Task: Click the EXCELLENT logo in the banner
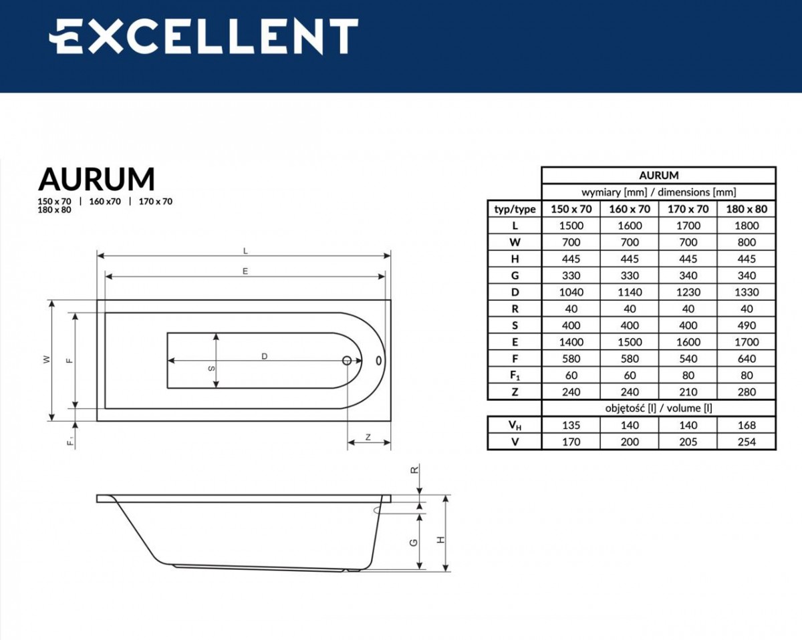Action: (x=203, y=37)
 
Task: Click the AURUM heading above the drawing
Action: (x=96, y=179)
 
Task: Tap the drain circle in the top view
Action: (x=347, y=361)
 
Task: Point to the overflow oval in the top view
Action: (x=380, y=361)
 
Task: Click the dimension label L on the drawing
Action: (x=245, y=251)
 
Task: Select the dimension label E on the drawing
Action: (x=245, y=271)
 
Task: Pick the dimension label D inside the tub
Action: (x=265, y=356)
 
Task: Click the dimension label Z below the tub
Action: (x=368, y=438)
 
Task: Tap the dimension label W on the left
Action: (x=45, y=359)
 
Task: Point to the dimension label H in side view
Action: (x=440, y=539)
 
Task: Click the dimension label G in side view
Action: (x=414, y=542)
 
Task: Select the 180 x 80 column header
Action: (x=747, y=209)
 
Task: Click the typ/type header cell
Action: (x=515, y=209)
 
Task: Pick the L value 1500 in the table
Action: (x=571, y=226)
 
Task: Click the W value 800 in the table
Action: (x=747, y=243)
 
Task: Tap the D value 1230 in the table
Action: (x=688, y=292)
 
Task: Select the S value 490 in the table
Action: (x=747, y=325)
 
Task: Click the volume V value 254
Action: (x=747, y=442)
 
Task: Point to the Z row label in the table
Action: (x=515, y=392)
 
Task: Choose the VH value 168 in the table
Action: (x=747, y=425)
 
